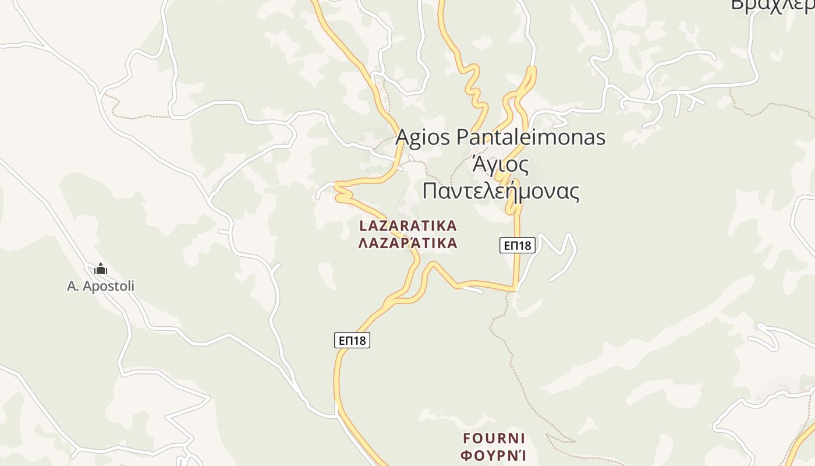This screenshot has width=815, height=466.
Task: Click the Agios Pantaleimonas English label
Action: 500,137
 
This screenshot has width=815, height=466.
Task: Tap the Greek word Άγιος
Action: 500,165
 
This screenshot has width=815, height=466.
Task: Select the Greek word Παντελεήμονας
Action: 500,191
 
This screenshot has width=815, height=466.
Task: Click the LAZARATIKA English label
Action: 408,225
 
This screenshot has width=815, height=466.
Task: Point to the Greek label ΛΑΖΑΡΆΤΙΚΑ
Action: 408,243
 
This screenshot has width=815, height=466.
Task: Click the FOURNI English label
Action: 494,438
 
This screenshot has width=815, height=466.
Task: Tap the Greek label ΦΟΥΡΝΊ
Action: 494,455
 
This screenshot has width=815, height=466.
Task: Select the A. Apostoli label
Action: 101,286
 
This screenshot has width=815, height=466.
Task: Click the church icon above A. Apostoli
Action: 101,269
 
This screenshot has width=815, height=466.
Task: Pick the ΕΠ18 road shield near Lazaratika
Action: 517,245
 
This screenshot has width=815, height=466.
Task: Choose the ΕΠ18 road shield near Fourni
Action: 352,340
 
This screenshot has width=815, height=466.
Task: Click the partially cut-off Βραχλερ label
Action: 772,5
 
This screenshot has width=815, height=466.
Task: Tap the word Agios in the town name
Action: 424,137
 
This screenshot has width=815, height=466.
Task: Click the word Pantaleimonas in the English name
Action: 531,137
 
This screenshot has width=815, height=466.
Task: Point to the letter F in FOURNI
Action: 467,438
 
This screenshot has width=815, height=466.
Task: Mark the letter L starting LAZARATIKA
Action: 363,225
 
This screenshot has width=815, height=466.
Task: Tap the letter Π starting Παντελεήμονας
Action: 430,191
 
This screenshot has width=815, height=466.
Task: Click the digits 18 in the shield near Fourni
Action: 359,340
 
